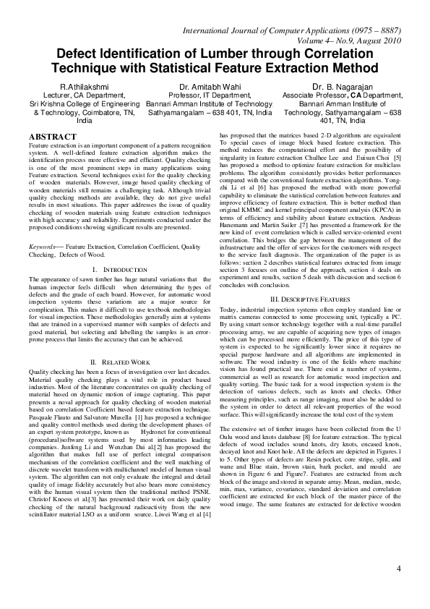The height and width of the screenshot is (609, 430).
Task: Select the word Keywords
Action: (x=43, y=247)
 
